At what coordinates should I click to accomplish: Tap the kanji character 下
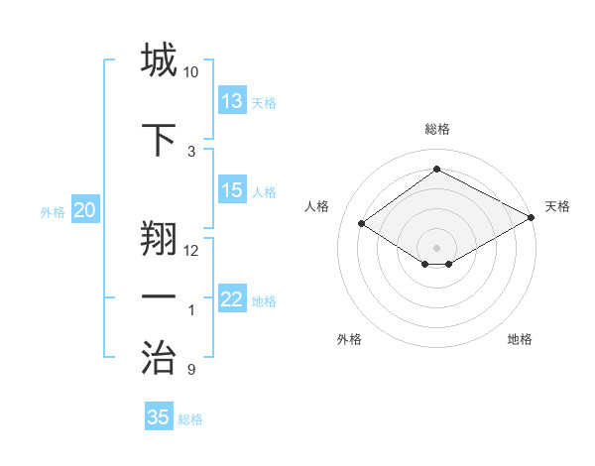(x=159, y=138)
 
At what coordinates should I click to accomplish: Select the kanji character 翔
(x=159, y=236)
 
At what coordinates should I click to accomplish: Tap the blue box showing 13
(x=232, y=100)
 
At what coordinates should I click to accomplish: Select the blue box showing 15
(x=232, y=190)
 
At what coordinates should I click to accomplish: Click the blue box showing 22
(x=232, y=299)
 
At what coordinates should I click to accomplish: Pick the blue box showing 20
(x=85, y=210)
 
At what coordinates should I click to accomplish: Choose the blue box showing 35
(x=159, y=417)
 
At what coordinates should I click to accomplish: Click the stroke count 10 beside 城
(x=190, y=72)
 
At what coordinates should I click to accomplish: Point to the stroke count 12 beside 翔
(x=190, y=250)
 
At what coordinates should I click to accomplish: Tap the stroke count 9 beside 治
(x=190, y=370)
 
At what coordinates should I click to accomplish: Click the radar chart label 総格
(x=436, y=129)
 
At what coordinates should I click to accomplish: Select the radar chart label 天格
(x=557, y=206)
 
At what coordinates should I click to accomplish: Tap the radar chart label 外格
(x=349, y=339)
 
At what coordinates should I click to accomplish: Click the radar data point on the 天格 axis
(x=532, y=218)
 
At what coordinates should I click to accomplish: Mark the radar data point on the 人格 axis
(x=362, y=224)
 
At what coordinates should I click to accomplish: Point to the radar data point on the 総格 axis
(x=436, y=170)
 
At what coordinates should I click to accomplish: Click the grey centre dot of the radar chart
(x=436, y=246)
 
